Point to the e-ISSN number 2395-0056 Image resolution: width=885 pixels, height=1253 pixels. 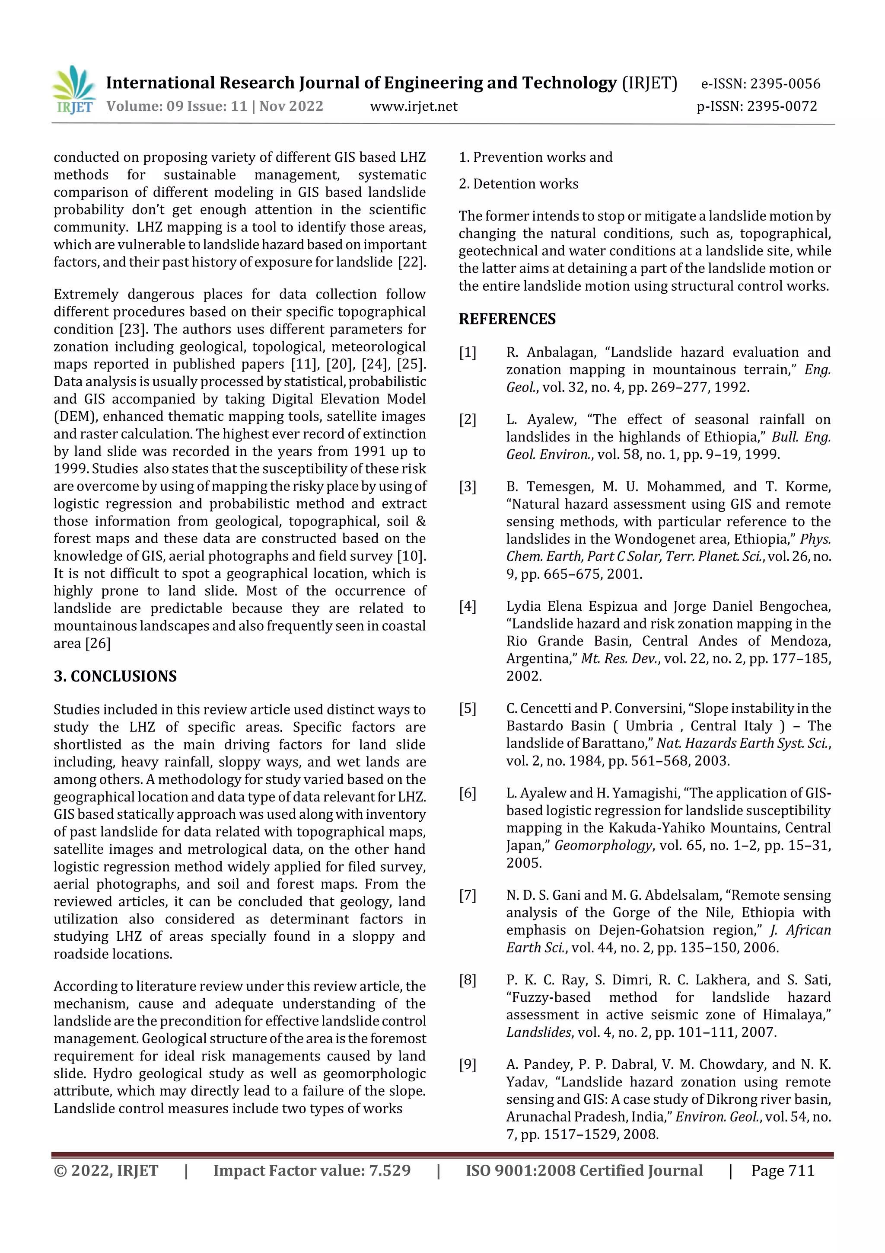click(785, 84)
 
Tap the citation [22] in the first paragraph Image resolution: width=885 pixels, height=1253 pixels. click(411, 262)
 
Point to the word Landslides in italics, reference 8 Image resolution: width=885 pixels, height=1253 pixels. click(539, 1032)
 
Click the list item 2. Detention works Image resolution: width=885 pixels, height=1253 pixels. click(518, 184)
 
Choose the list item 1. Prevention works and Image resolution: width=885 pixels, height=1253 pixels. click(535, 158)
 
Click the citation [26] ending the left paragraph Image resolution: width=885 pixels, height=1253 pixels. click(98, 644)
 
